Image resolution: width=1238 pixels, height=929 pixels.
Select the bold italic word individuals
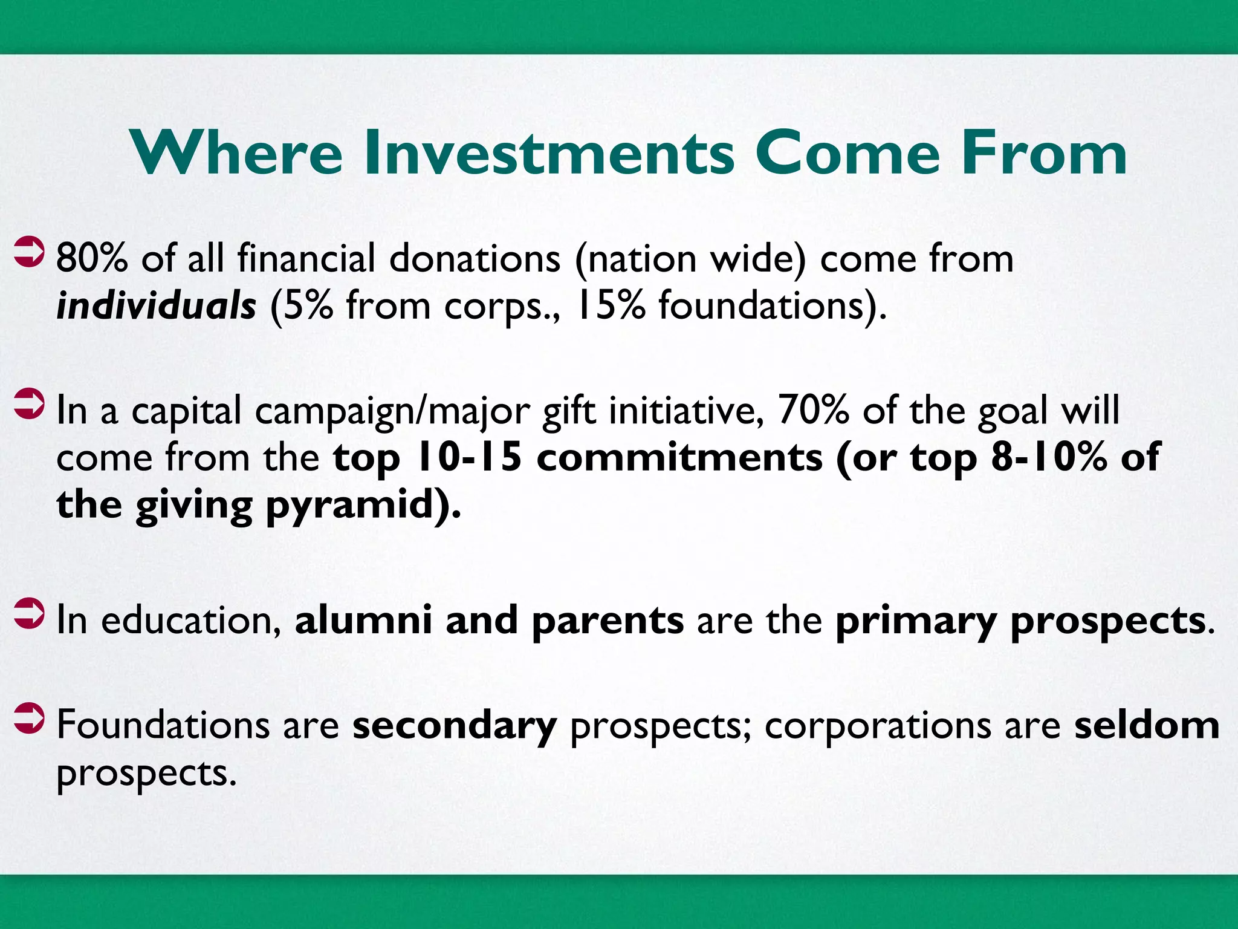pos(156,305)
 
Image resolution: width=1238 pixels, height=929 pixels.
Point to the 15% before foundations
pos(610,305)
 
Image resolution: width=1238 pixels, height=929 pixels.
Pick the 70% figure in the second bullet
pos(813,411)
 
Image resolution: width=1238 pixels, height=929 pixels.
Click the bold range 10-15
pos(469,457)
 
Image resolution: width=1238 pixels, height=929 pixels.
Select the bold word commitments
pos(679,457)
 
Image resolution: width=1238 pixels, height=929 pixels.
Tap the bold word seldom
pos(1147,725)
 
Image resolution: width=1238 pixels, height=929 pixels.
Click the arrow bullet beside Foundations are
pos(29,719)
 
